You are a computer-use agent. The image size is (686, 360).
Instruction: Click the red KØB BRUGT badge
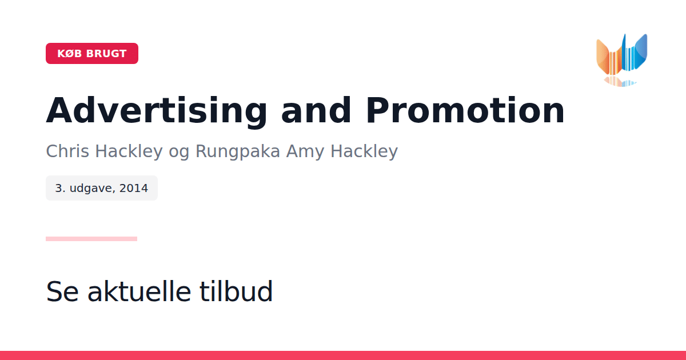[x=92, y=53]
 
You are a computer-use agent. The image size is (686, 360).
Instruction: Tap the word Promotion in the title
[x=465, y=110]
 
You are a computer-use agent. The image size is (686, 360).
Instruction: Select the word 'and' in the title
[x=316, y=110]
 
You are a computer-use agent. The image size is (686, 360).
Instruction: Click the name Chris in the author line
[x=67, y=151]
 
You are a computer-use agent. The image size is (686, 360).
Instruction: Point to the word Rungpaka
[x=238, y=151]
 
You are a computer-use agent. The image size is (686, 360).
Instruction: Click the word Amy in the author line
[x=305, y=152]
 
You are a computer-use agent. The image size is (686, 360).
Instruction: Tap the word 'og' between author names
[x=179, y=153]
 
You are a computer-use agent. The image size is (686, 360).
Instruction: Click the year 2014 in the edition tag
[x=134, y=188]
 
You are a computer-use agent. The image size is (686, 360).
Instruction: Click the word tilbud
[x=236, y=291]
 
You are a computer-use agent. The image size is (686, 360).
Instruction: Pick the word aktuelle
[x=139, y=291]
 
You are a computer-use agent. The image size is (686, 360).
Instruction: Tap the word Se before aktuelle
[x=62, y=291]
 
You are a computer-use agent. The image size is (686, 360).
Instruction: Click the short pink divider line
[x=91, y=239]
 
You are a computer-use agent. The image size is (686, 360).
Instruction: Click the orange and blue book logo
[x=622, y=60]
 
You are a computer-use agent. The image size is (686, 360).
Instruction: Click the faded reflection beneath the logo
[x=620, y=81]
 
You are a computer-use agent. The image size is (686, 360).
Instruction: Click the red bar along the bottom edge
[x=343, y=355]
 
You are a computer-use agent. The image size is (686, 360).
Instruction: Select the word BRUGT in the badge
[x=106, y=54]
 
